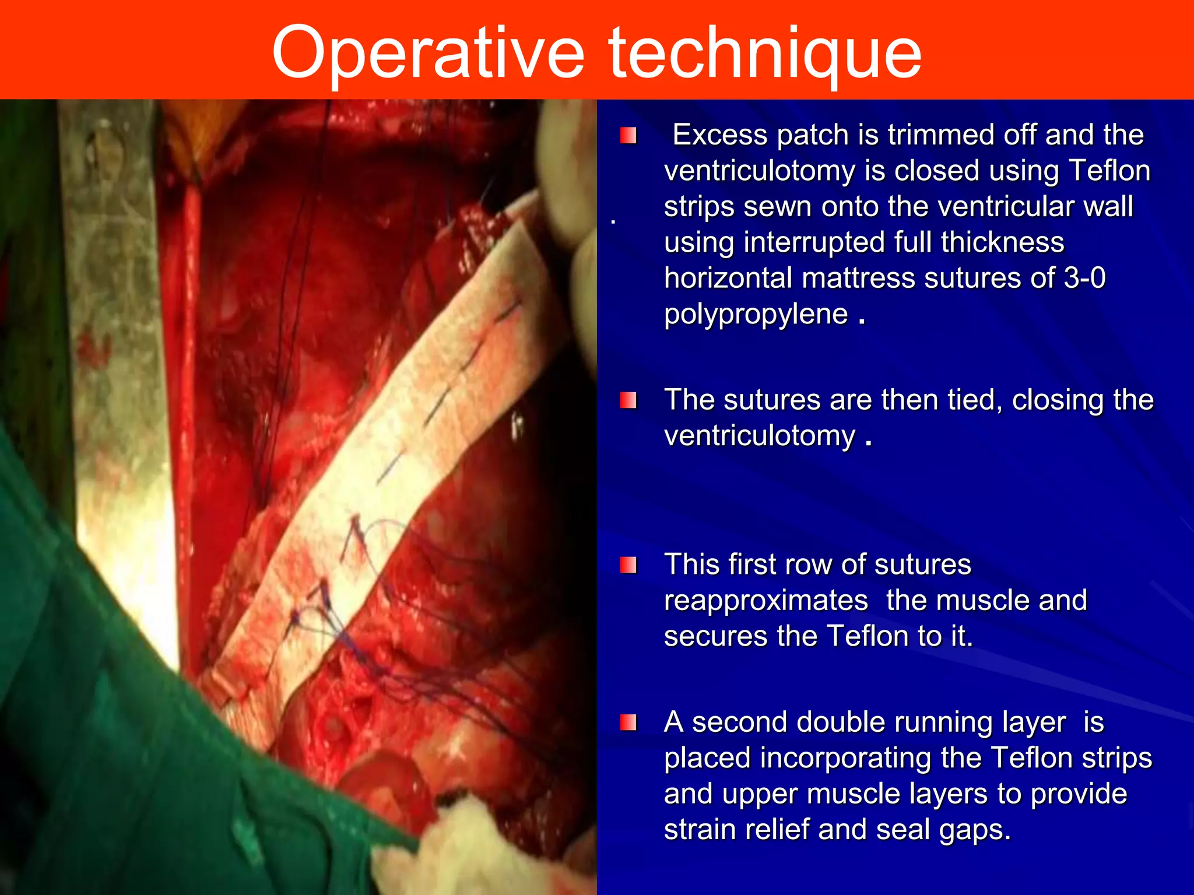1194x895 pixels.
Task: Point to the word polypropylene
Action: click(756, 314)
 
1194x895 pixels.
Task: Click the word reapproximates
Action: click(765, 601)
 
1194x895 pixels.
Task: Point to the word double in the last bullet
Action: click(841, 723)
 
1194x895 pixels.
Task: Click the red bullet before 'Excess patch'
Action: click(628, 136)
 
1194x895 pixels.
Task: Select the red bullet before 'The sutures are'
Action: click(628, 401)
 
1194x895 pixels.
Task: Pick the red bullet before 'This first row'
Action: click(628, 565)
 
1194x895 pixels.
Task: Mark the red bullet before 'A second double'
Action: click(628, 723)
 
